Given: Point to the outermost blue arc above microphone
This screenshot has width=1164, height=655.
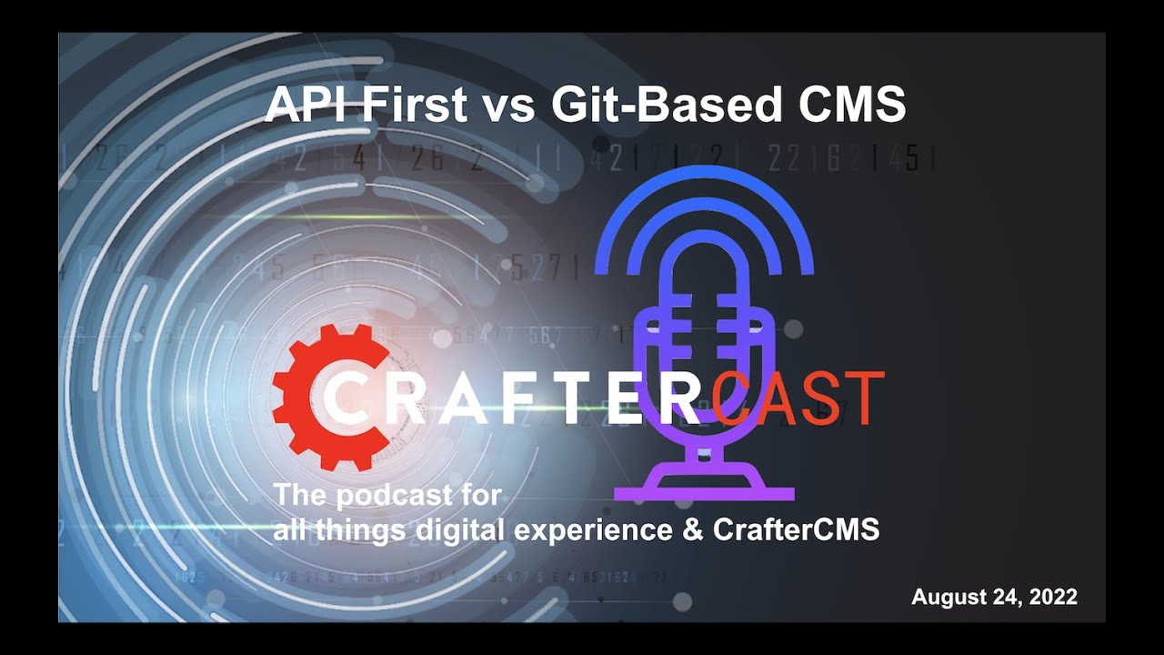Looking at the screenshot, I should (x=704, y=181).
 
